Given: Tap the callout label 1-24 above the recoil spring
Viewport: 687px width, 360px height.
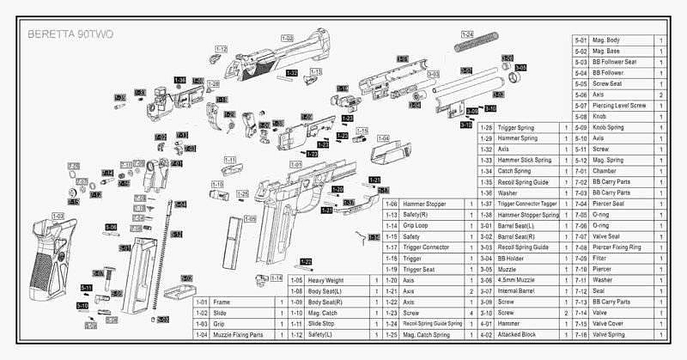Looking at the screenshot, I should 467,34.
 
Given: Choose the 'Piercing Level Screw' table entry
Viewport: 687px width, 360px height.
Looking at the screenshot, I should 619,105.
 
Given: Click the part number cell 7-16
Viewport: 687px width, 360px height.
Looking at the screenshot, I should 580,334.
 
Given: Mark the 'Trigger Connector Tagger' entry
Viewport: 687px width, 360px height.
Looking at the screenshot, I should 528,204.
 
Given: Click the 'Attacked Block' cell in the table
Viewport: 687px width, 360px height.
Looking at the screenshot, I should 519,334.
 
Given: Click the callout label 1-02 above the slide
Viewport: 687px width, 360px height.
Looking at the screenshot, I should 287,39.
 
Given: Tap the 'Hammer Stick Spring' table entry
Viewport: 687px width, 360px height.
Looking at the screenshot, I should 525,160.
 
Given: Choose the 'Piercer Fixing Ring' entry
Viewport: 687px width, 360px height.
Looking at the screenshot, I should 617,247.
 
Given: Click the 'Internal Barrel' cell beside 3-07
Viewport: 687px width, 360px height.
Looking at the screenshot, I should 518,291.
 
